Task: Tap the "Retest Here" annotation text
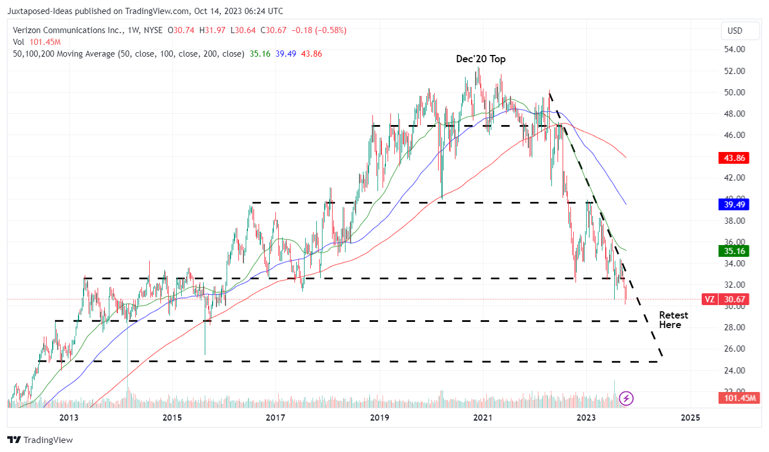click(x=673, y=320)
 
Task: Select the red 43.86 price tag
click(x=733, y=158)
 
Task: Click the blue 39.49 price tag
click(x=733, y=205)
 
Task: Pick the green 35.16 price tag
click(x=733, y=251)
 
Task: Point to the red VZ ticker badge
click(x=710, y=299)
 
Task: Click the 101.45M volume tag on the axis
click(x=738, y=398)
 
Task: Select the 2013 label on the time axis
click(x=68, y=418)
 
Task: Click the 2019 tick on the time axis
click(x=379, y=418)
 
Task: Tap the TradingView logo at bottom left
click(x=40, y=440)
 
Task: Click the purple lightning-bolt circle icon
click(x=627, y=399)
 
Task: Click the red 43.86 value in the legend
click(x=311, y=54)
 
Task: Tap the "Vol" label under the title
click(x=19, y=42)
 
